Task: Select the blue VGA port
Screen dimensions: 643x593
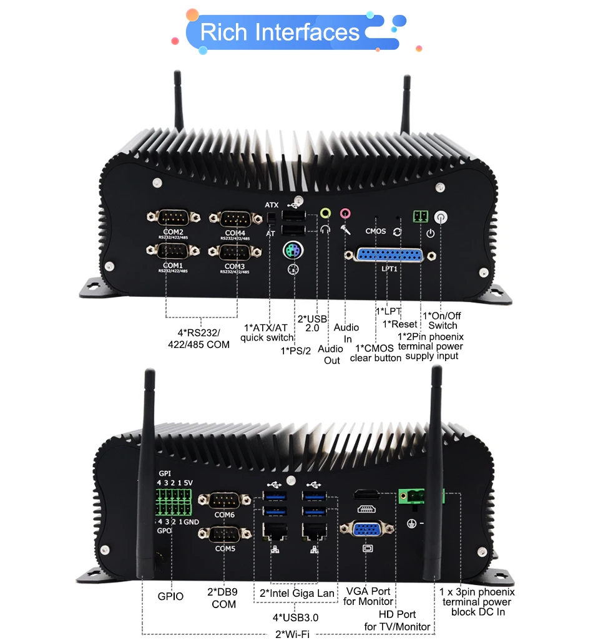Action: [367, 531]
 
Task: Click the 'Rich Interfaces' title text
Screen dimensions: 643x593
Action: [280, 32]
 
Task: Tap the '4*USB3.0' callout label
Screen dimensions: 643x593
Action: [296, 618]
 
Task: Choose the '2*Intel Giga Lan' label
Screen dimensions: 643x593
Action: [297, 593]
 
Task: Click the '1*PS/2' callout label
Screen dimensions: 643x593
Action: [295, 351]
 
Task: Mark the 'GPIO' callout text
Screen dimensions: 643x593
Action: [170, 596]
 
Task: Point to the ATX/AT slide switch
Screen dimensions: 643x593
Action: [272, 218]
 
